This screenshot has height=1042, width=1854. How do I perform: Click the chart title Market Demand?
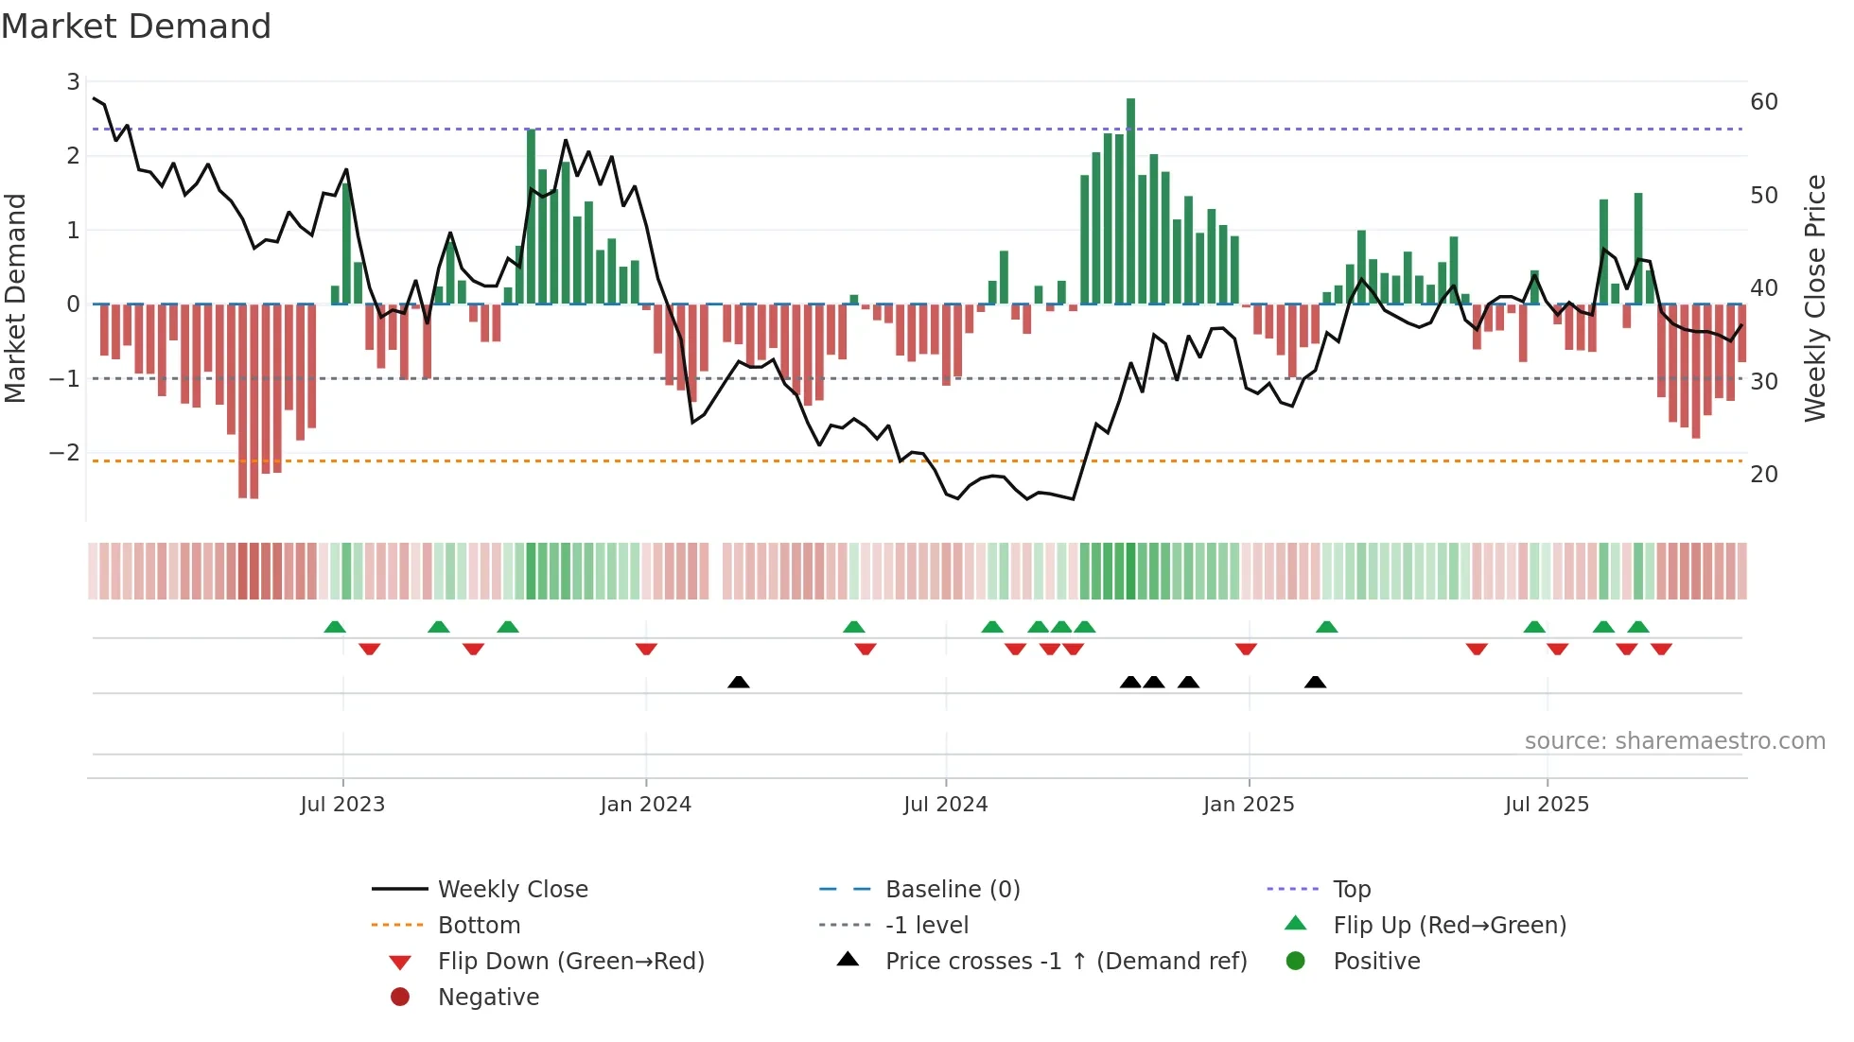coord(136,26)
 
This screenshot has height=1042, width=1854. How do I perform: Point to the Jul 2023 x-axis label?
coord(342,805)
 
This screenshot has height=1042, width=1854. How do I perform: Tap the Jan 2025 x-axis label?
coord(1249,805)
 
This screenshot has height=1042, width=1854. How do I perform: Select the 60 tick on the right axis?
coord(1764,102)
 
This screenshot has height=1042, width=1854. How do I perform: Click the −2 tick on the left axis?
coord(65,453)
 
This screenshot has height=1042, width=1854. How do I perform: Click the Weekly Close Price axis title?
coord(1814,298)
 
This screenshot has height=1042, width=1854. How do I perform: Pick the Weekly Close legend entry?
coord(512,890)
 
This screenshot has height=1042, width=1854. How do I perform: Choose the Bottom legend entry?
coord(479,926)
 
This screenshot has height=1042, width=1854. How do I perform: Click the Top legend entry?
coord(1352,890)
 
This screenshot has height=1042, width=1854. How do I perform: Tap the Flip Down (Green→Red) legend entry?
coord(570,962)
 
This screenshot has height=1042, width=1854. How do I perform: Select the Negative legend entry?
coord(488,998)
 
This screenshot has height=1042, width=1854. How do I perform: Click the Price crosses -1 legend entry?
coord(1065,962)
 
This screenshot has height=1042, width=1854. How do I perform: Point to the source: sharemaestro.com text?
coord(1674,741)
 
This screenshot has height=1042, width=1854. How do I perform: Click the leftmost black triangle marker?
coord(739,682)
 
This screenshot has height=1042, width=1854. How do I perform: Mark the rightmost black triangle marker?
coord(1315,682)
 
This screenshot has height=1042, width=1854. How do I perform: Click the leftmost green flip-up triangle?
coord(335,627)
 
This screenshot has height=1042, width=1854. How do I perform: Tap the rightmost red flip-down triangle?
coord(1661,649)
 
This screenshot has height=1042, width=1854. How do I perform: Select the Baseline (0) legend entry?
coord(952,890)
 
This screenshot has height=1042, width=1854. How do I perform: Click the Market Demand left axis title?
coord(15,298)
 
